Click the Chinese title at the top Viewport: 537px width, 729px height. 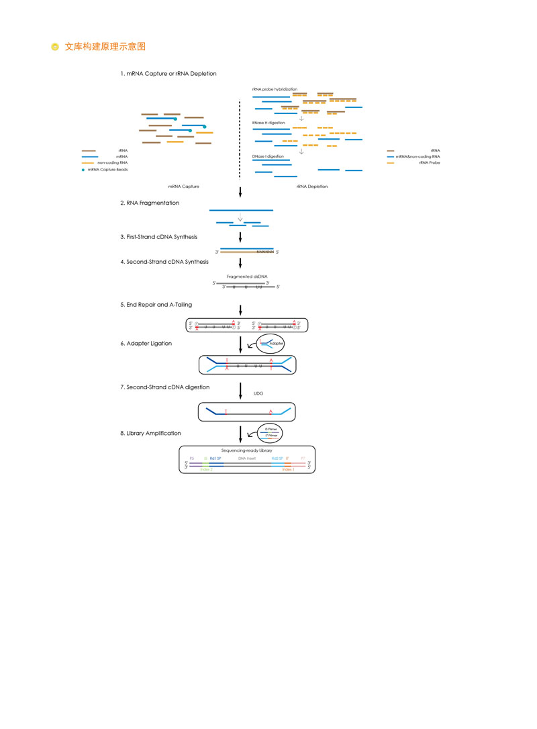[105, 46]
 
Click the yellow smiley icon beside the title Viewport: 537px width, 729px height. [55, 47]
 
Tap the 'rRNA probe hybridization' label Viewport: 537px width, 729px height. [275, 89]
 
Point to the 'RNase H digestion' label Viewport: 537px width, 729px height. [268, 123]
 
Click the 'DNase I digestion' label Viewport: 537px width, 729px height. [268, 156]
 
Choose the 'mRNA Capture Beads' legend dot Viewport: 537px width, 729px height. [84, 170]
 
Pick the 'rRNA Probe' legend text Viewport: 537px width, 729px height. [429, 162]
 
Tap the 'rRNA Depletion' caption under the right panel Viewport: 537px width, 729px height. [311, 186]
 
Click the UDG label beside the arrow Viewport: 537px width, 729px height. [258, 394]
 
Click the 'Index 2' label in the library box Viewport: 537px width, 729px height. [206, 470]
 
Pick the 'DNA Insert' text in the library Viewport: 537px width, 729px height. [247, 458]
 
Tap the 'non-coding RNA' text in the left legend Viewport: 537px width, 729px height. [112, 162]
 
